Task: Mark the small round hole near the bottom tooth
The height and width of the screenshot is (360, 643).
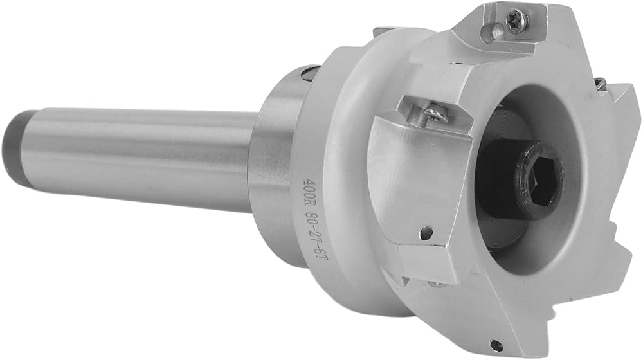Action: [498, 343]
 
